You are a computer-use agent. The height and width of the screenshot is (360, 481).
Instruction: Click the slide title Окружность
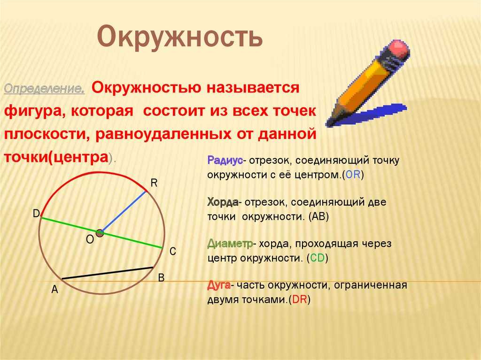[x=179, y=38]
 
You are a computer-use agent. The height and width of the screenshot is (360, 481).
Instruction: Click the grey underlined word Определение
[x=44, y=89]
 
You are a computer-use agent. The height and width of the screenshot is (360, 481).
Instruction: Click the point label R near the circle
[x=153, y=183]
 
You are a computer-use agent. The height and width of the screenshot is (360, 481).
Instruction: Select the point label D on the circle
[x=36, y=214]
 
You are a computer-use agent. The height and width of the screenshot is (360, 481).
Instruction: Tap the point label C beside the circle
[x=172, y=252]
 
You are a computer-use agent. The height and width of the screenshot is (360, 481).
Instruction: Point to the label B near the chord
[x=161, y=278]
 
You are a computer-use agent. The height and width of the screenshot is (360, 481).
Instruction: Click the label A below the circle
[x=54, y=290]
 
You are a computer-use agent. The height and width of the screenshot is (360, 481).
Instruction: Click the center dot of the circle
[x=100, y=233]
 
